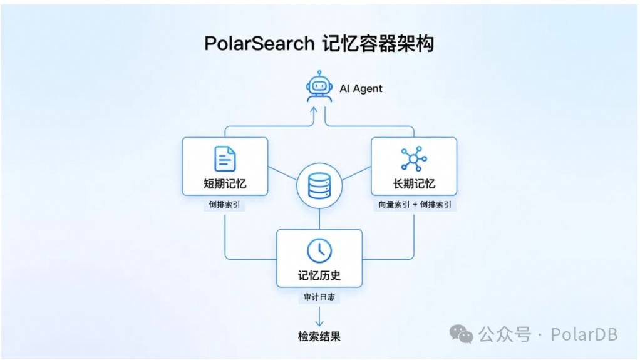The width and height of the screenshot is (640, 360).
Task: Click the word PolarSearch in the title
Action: [x=259, y=44]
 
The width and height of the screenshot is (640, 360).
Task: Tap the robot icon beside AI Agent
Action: [x=319, y=86]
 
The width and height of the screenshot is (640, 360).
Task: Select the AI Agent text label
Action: [x=361, y=88]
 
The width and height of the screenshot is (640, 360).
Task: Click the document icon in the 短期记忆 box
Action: [x=225, y=159]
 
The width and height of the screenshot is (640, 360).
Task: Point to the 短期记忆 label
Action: [x=225, y=183]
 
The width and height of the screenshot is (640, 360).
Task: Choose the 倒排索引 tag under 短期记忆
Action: [x=224, y=205]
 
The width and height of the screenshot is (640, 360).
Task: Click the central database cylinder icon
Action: [x=319, y=186]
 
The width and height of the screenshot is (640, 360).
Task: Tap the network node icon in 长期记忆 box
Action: [x=414, y=158]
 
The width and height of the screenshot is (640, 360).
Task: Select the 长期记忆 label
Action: [x=414, y=183]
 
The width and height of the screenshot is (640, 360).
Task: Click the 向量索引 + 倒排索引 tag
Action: [x=415, y=205]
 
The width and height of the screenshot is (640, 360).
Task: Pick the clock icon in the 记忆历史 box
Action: [x=319, y=250]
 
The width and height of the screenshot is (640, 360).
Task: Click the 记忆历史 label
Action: [x=319, y=275]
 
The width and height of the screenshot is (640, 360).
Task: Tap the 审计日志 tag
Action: [x=319, y=297]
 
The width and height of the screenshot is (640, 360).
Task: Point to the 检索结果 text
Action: [x=319, y=336]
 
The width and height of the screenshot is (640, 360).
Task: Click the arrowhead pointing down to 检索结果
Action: [x=319, y=324]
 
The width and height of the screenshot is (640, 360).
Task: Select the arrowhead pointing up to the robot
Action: [x=314, y=110]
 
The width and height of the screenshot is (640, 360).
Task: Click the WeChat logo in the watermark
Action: [x=462, y=334]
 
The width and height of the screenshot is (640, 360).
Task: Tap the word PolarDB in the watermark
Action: [x=584, y=335]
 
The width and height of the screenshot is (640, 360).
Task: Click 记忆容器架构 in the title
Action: [x=378, y=44]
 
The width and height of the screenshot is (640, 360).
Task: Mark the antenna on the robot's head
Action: [x=319, y=73]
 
